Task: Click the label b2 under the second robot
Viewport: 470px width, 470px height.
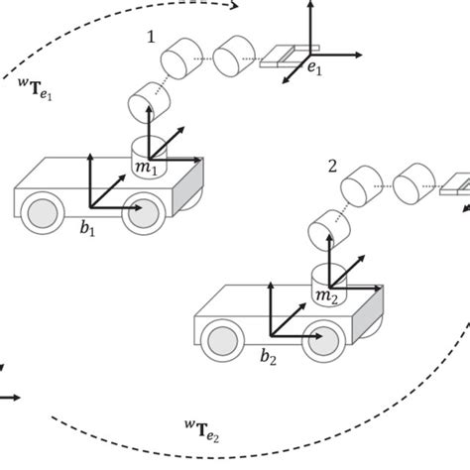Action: point(268,354)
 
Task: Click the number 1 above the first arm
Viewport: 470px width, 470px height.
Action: point(150,37)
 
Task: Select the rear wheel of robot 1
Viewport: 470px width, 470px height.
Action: point(42,215)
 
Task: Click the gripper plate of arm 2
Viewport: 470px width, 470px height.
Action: point(456,184)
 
